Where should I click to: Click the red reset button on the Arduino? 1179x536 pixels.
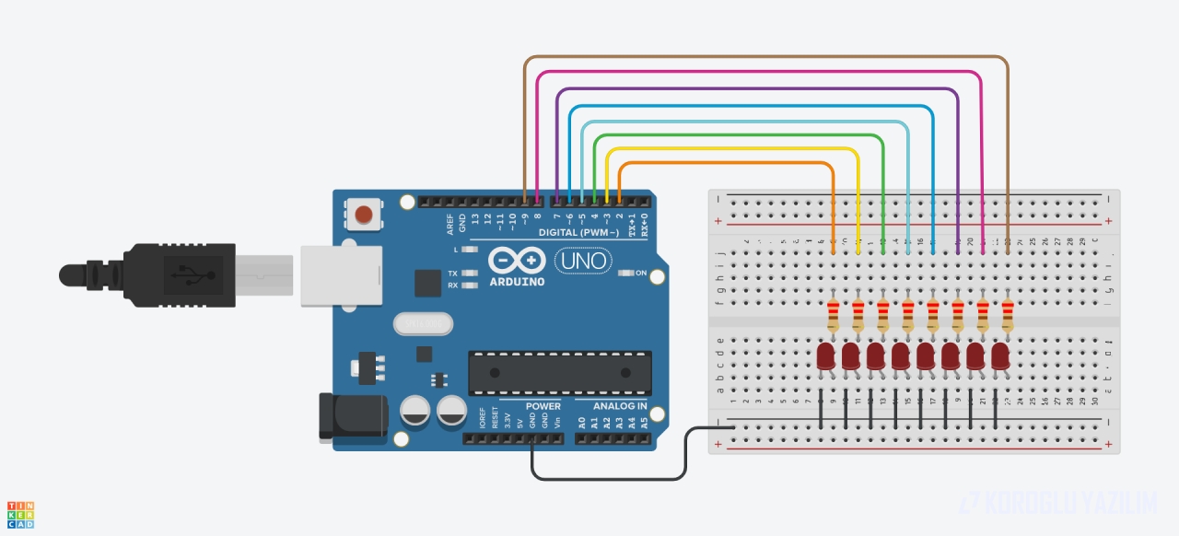(x=364, y=215)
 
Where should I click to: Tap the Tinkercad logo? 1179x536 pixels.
(x=20, y=515)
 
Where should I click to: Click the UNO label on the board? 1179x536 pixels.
(x=584, y=261)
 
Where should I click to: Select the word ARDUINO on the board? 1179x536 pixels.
(x=517, y=281)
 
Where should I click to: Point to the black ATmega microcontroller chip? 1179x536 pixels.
(x=559, y=372)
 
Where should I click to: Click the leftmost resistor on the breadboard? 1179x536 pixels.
(x=834, y=315)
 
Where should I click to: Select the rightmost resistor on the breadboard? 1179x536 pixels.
(x=1007, y=315)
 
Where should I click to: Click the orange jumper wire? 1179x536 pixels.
(x=728, y=163)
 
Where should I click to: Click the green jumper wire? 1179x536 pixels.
(x=737, y=134)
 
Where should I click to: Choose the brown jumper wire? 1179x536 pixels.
(x=765, y=57)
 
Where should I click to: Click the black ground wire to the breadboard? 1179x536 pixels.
(x=608, y=479)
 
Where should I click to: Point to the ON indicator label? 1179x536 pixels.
(x=642, y=273)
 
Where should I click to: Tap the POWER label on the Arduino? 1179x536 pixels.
(x=543, y=406)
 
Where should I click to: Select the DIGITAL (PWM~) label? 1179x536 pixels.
(x=578, y=232)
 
